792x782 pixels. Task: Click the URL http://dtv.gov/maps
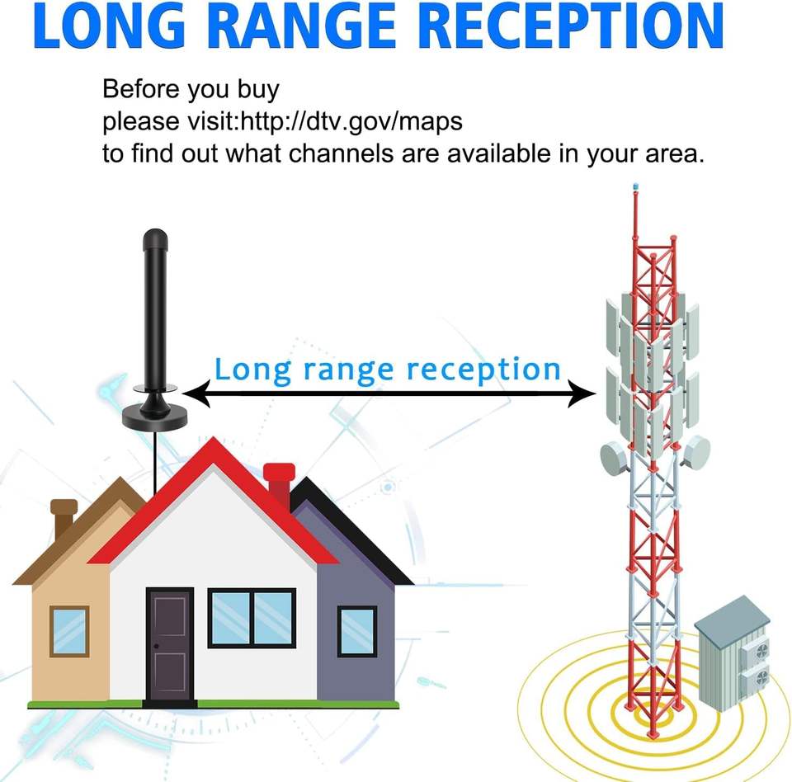351,122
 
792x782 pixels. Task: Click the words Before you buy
191,90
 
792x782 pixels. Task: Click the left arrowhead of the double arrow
195,395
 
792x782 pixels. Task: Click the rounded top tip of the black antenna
155,239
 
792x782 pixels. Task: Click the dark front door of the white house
170,643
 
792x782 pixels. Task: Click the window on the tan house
69,631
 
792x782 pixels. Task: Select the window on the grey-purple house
357,631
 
